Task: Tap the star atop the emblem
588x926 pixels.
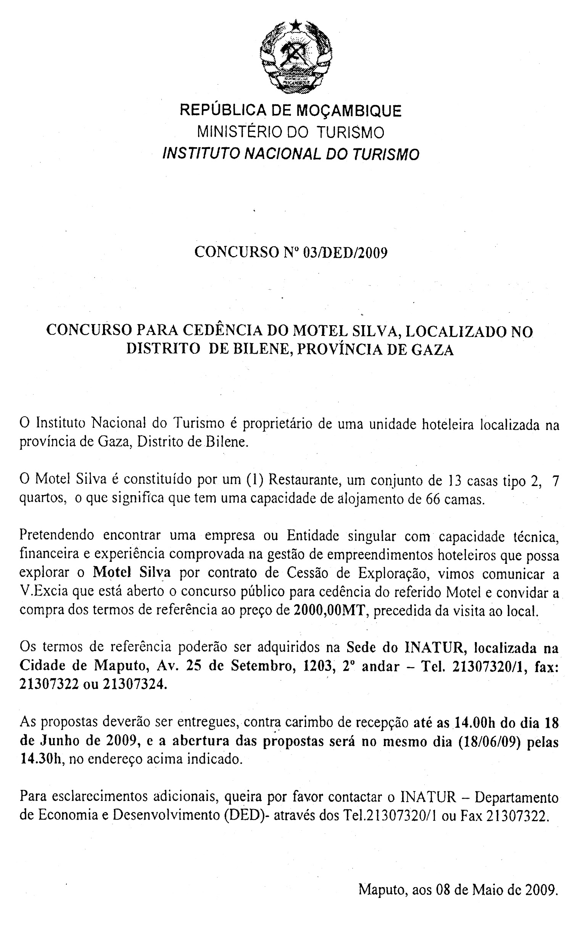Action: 296,26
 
